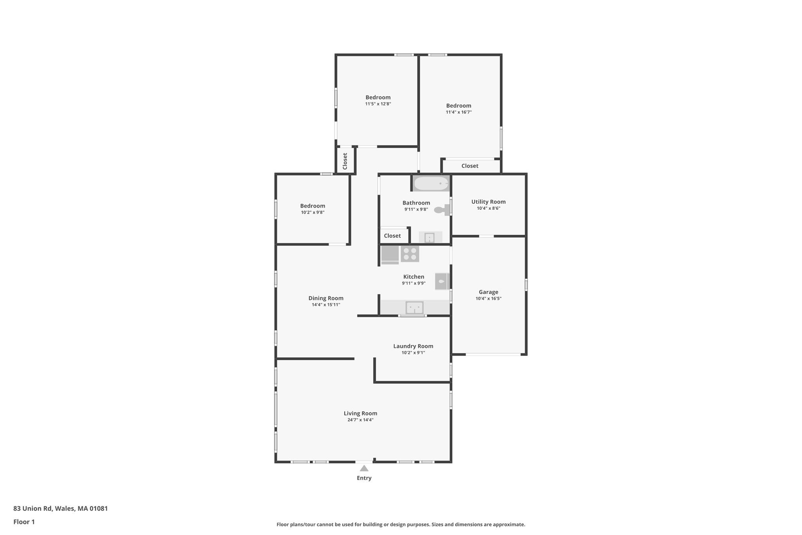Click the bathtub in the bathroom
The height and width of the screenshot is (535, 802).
pos(431,183)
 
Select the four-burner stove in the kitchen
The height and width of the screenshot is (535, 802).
pos(410,254)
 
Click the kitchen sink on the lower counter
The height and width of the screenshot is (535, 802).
pos(414,307)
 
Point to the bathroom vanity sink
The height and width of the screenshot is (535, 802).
pos(430,238)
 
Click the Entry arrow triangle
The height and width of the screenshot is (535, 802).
pos(364,468)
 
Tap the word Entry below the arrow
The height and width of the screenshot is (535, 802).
pos(364,478)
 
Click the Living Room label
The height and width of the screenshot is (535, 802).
pos(360,413)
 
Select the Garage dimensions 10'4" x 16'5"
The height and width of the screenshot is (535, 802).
pos(488,298)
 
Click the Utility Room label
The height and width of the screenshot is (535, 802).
pos(488,202)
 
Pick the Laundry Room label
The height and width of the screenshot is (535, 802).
pos(413,346)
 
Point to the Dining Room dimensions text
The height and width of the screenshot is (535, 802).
pos(326,305)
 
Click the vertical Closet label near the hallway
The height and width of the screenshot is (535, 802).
pos(345,161)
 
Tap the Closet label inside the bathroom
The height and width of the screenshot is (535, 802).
pos(392,236)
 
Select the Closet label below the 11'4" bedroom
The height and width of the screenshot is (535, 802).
pos(470,166)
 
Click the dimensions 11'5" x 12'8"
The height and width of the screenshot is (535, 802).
pos(378,104)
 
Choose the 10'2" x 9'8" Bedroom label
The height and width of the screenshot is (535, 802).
pos(312,206)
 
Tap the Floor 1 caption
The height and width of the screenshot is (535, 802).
pos(24,522)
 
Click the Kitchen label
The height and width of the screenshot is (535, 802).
pos(414,277)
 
